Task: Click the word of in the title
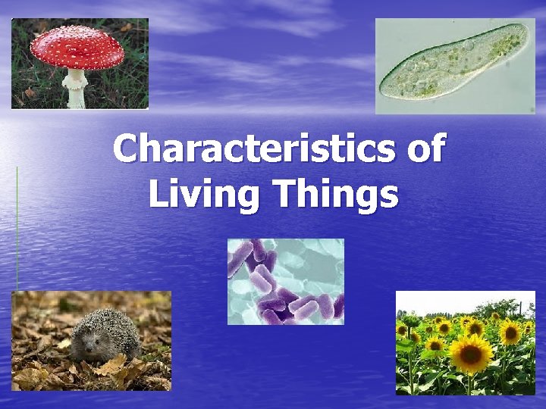(425, 148)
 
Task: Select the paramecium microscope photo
(454, 66)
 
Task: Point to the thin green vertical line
(17, 227)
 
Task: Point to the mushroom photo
(80, 64)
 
